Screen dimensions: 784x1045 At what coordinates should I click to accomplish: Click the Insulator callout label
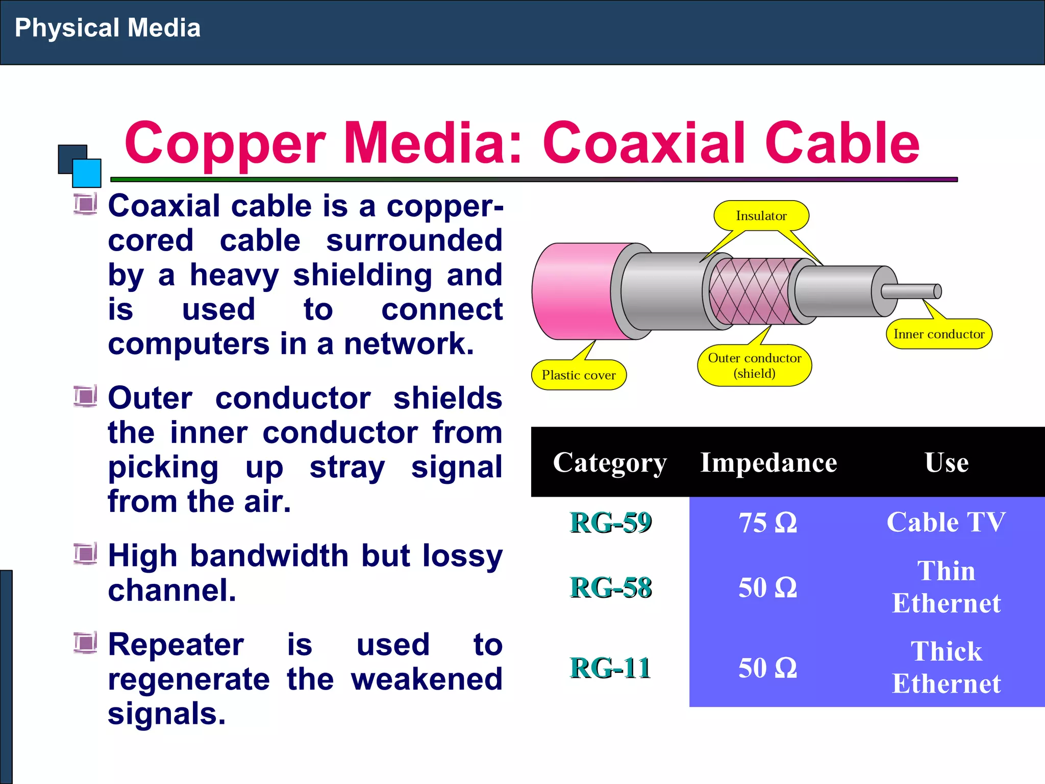(x=761, y=216)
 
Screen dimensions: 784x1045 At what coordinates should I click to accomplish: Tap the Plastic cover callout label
(x=579, y=375)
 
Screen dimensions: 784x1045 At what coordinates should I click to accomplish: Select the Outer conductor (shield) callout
(x=754, y=365)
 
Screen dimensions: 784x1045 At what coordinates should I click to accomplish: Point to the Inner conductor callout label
(x=939, y=334)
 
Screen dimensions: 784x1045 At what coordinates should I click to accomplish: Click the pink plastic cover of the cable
(x=571, y=291)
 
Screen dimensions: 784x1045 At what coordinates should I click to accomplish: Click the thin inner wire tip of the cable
(x=913, y=291)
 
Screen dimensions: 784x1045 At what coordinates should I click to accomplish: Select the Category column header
(x=610, y=462)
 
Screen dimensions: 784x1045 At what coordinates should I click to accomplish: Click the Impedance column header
(x=768, y=462)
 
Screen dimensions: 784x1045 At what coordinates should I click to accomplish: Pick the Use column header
(x=947, y=462)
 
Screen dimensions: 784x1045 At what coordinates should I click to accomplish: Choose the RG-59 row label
(x=610, y=523)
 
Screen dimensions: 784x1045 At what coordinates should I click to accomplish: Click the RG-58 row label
(x=610, y=587)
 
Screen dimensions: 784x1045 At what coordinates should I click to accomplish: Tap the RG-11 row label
(x=610, y=668)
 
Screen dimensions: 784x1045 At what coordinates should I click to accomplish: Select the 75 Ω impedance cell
(x=767, y=523)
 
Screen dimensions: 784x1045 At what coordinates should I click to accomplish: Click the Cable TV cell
(x=946, y=522)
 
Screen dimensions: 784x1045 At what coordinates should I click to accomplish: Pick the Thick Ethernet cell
(x=946, y=668)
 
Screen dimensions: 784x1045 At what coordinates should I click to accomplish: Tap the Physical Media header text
(x=108, y=28)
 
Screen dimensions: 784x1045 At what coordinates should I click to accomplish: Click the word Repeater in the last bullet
(x=176, y=645)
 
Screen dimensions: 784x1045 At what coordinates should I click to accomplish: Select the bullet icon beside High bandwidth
(x=85, y=554)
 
